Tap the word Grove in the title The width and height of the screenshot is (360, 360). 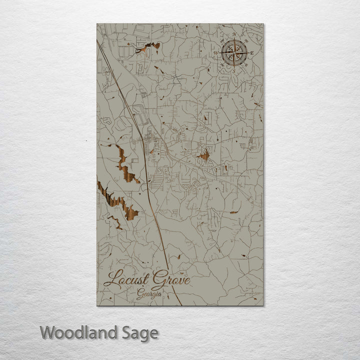pyautogui.click(x=171, y=278)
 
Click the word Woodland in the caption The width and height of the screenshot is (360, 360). pyautogui.click(x=78, y=332)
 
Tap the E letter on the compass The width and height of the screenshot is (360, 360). pyautogui.click(x=251, y=53)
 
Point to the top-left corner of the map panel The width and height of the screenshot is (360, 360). pyautogui.click(x=97, y=23)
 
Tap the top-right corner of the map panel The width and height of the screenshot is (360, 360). pyautogui.click(x=263, y=23)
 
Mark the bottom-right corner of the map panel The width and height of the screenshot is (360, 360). pyautogui.click(x=263, y=305)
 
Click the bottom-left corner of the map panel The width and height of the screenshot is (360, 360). pyautogui.click(x=97, y=305)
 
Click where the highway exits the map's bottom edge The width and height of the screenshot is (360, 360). pyautogui.click(x=181, y=305)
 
